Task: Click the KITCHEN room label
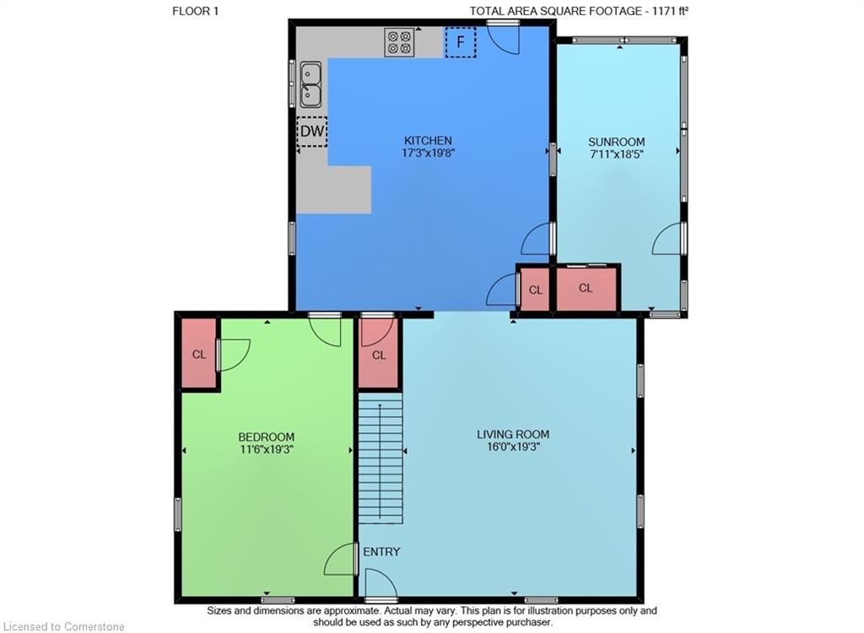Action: point(428,141)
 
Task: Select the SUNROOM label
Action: point(616,142)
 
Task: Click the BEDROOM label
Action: point(266,437)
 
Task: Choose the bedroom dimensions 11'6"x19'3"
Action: point(266,449)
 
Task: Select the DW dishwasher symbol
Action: point(311,131)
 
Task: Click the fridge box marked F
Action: point(461,42)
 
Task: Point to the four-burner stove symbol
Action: point(400,42)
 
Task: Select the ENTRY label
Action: point(381,552)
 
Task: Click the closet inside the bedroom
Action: point(199,354)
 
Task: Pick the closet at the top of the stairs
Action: point(379,355)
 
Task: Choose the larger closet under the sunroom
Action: point(586,288)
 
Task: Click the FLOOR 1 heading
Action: point(196,11)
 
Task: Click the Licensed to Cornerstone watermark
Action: point(62,626)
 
